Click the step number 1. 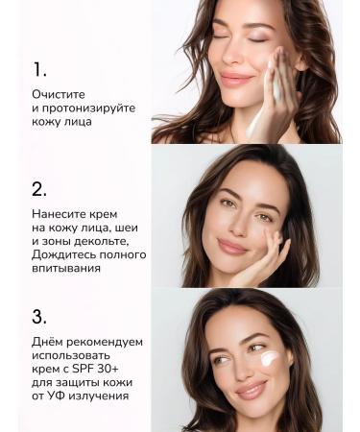(39, 70)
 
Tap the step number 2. (39, 189)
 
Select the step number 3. (39, 316)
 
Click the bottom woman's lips (252, 389)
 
